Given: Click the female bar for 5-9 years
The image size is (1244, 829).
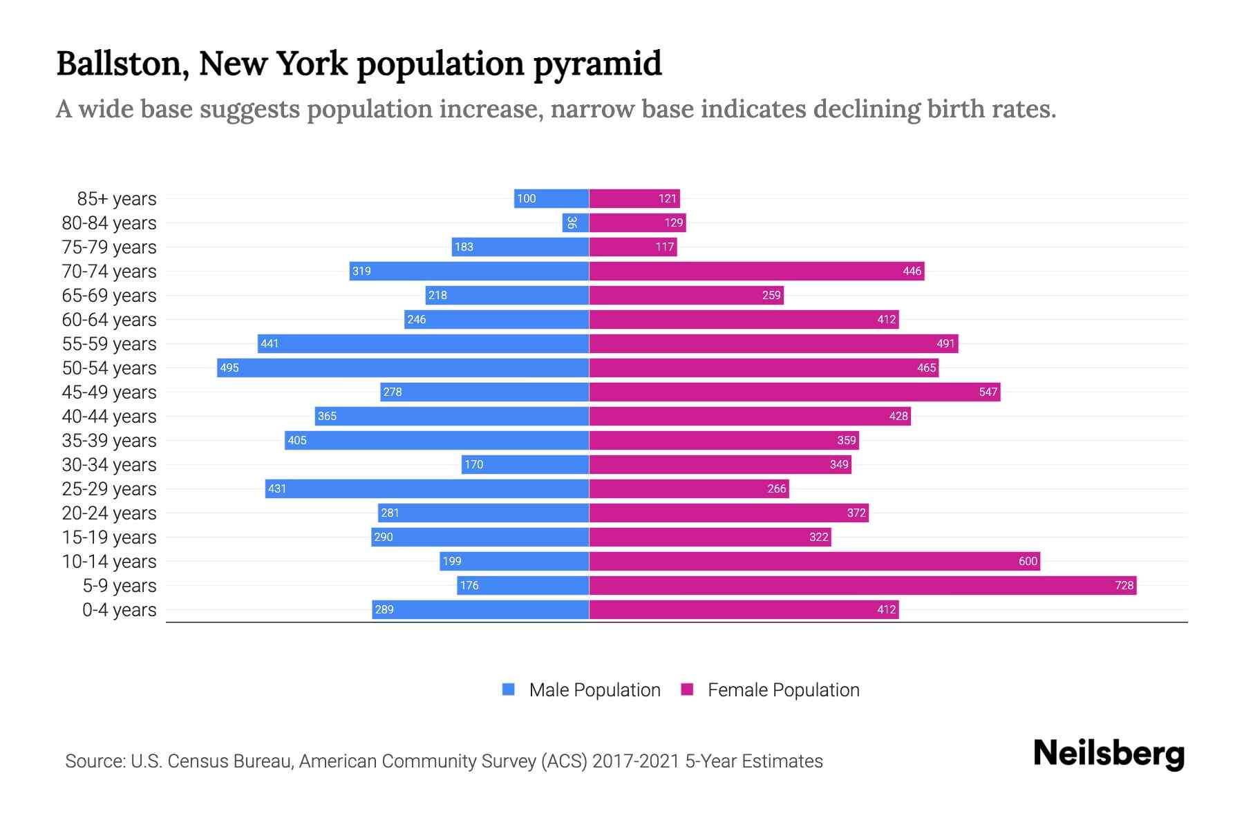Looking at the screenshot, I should (x=863, y=586).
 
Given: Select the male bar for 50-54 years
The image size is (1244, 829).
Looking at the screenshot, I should (x=403, y=368).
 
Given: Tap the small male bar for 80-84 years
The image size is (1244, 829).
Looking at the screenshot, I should (x=575, y=223).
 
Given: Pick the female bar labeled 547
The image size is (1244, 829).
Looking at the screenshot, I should (x=795, y=392).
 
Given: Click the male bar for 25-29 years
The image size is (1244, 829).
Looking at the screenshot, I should (x=427, y=489).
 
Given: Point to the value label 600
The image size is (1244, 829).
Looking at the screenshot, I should (x=1028, y=562).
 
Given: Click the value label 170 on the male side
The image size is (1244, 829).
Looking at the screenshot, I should (x=473, y=465).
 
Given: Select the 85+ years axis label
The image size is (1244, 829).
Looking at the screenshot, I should (x=117, y=199).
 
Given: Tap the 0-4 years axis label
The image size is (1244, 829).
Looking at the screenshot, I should (x=119, y=610).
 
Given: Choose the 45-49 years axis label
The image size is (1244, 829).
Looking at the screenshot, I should (x=109, y=392).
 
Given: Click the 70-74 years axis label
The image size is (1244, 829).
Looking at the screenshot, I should (x=109, y=271).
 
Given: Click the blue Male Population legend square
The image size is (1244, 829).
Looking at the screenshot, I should (x=509, y=689).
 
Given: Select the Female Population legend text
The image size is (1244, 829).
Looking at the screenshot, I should (x=783, y=690).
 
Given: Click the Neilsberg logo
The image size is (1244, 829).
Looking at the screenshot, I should (x=1109, y=754).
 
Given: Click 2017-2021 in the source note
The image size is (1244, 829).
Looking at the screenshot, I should (x=636, y=761).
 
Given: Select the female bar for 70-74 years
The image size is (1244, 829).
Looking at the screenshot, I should (x=757, y=271).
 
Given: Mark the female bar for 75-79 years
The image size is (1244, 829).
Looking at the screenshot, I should (x=633, y=247).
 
